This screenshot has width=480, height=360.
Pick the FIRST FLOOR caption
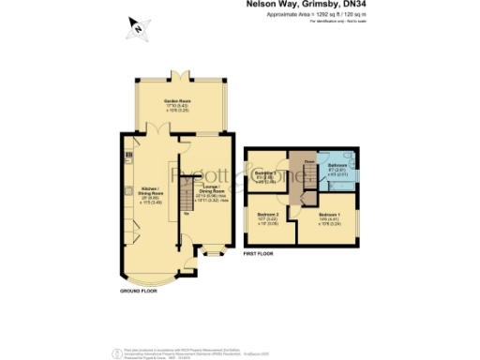262,254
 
